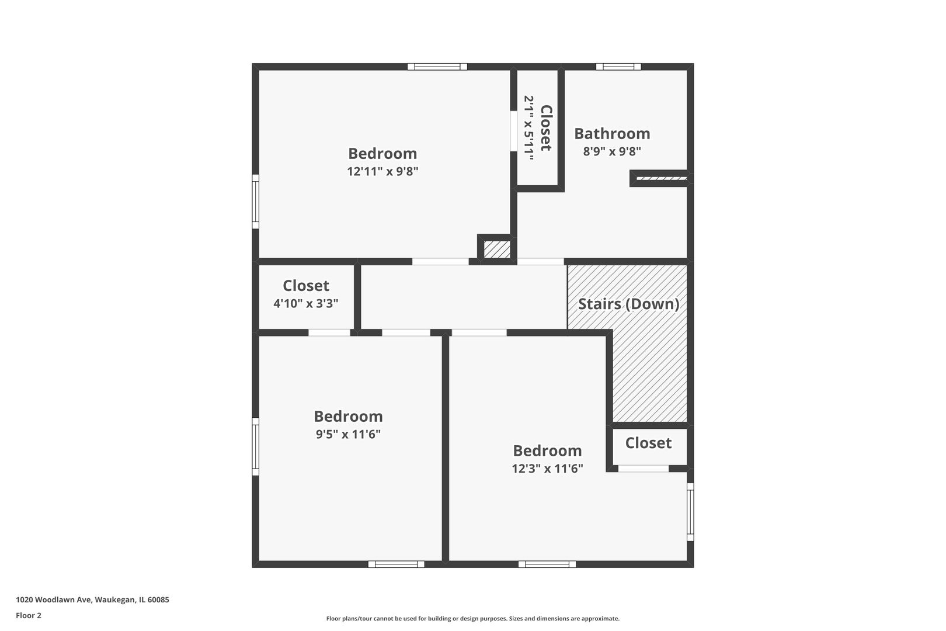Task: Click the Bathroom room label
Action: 612,134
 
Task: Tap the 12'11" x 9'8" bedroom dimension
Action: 382,172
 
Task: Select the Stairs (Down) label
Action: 628,304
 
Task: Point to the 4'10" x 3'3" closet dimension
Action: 305,304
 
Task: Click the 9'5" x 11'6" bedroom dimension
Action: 348,435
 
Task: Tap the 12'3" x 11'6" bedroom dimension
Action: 547,469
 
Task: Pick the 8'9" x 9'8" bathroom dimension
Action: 612,152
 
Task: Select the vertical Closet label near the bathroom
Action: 546,128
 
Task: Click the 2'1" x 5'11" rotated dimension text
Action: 529,128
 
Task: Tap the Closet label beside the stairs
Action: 648,443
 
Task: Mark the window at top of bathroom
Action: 618,67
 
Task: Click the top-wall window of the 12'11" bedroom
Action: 437,67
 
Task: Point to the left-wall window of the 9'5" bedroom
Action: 255,446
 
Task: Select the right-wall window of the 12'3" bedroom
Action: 690,512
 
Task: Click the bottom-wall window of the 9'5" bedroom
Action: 397,564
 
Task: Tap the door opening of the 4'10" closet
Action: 329,332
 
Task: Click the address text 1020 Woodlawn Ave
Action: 92,599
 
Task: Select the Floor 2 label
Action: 29,615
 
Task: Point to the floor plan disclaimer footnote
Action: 472,619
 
